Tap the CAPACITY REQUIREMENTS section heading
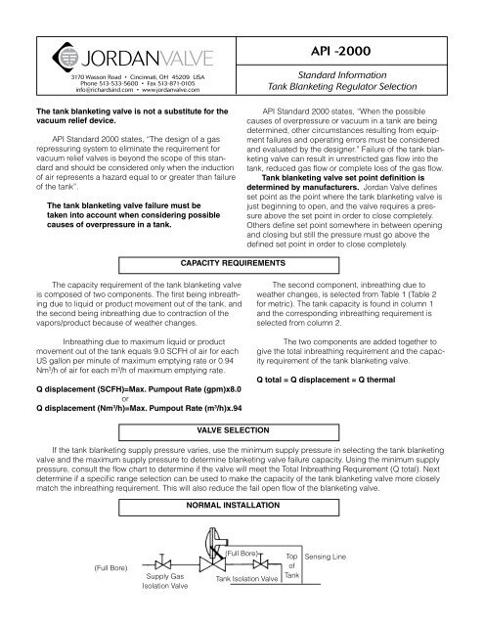coord(242,263)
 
